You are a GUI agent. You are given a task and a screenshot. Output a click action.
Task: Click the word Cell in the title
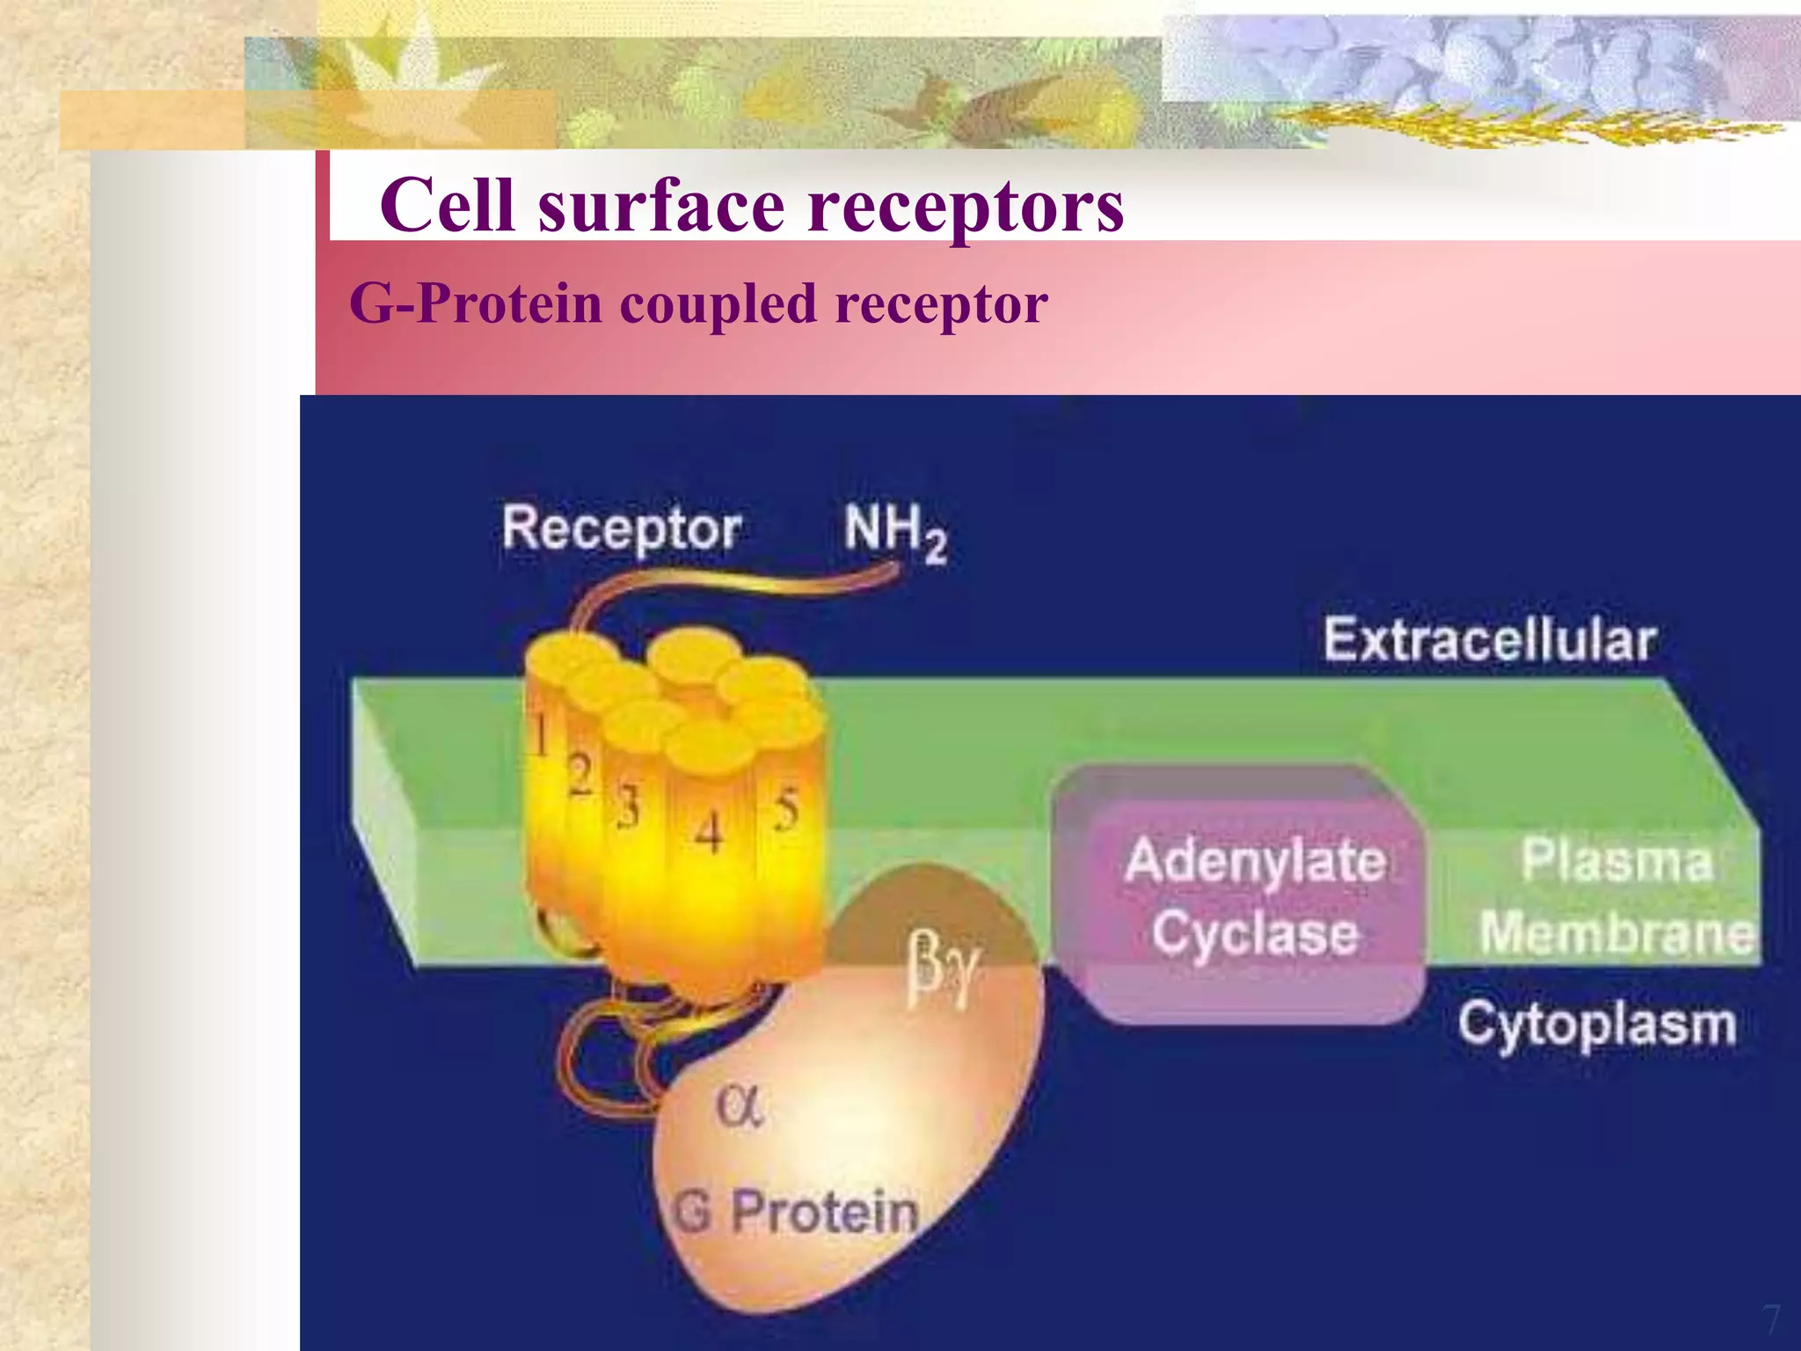click(x=447, y=205)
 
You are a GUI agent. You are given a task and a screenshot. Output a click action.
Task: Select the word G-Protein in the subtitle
click(x=476, y=304)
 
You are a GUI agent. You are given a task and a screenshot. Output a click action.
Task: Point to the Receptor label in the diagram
click(x=621, y=529)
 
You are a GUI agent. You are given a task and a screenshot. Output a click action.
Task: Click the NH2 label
click(x=894, y=530)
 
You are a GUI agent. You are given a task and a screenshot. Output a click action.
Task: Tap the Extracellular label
click(x=1490, y=639)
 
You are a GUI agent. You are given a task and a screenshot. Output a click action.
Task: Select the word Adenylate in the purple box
click(x=1255, y=861)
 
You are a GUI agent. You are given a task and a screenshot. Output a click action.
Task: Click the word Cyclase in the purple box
click(x=1255, y=932)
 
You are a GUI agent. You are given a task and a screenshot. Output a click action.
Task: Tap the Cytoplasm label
click(x=1596, y=1025)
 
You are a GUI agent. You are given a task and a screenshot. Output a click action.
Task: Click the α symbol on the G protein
click(x=739, y=1106)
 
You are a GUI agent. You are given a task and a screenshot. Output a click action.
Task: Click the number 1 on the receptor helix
click(x=541, y=734)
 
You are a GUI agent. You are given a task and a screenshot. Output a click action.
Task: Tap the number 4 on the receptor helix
click(x=709, y=831)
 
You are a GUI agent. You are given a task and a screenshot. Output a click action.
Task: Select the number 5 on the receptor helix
click(x=786, y=810)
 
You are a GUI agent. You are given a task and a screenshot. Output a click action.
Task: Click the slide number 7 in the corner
click(x=1770, y=1320)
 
